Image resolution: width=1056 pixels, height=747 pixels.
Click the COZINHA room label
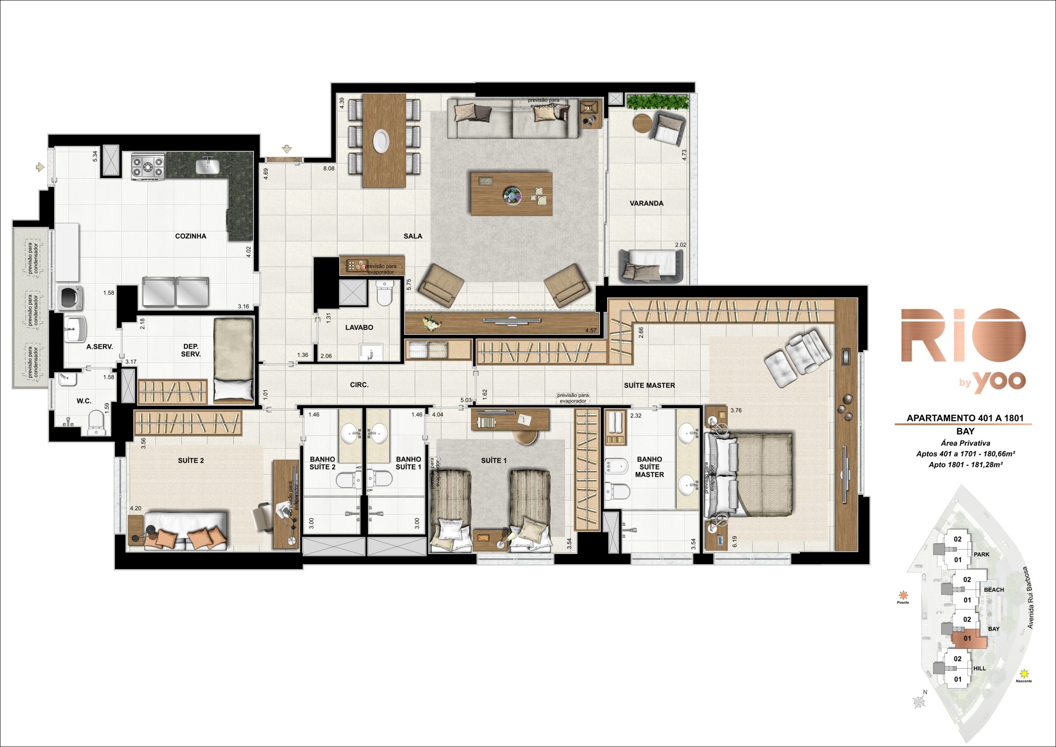pos(191,236)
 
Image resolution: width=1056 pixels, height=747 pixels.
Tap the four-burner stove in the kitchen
pos(148,167)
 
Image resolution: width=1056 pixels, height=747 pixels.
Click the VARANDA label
pos(646,203)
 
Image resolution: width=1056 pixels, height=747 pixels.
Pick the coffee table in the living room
pos(511,193)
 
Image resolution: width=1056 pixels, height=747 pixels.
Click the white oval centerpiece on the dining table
pos(381,140)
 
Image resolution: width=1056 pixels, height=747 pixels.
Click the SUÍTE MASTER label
pos(649,385)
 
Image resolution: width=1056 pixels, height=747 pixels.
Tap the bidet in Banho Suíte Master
pos(616,467)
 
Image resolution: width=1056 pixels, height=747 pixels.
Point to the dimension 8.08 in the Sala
pos(329,168)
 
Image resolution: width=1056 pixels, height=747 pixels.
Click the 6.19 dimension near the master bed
pos(735,542)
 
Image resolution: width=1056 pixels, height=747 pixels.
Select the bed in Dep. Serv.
pos(233,361)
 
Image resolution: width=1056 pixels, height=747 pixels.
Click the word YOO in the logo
pos(999,381)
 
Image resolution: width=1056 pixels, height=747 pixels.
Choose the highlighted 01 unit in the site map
pos(968,639)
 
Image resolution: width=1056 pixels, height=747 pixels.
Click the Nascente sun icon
pos(1024,674)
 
